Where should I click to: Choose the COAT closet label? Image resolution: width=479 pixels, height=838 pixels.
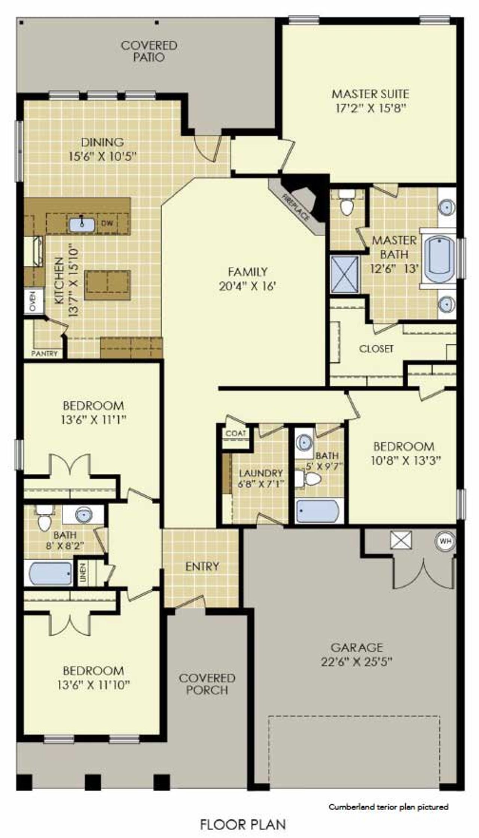(x=236, y=433)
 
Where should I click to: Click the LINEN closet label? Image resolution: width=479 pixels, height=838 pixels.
(x=83, y=572)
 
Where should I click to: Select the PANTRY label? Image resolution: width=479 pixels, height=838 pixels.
(x=45, y=353)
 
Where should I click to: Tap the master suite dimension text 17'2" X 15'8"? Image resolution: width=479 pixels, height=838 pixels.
(x=370, y=108)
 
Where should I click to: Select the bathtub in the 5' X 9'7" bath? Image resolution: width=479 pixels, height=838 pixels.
(x=318, y=511)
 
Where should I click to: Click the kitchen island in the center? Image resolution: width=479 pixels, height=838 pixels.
(x=107, y=285)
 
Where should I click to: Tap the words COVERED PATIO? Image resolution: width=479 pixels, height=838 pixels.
(x=149, y=51)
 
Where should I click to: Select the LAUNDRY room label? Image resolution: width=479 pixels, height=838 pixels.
(x=260, y=473)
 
